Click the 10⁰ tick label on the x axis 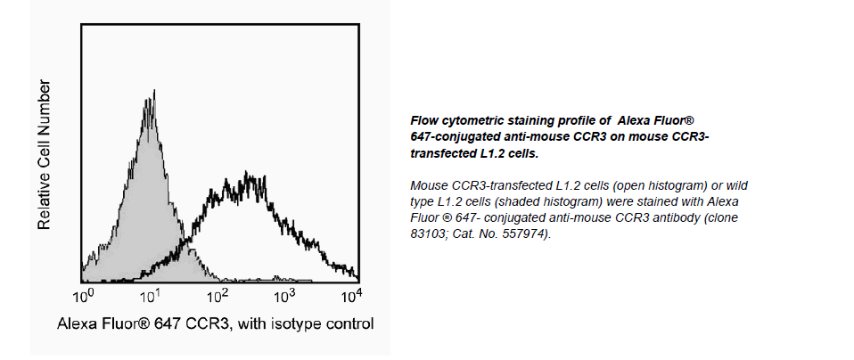coord(83,294)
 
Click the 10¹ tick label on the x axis coord(150,294)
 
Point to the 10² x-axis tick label coord(217,294)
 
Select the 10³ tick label coord(284,294)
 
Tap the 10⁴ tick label coord(350,294)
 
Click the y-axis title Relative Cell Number coord(44,155)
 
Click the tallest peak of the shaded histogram coord(153,91)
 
